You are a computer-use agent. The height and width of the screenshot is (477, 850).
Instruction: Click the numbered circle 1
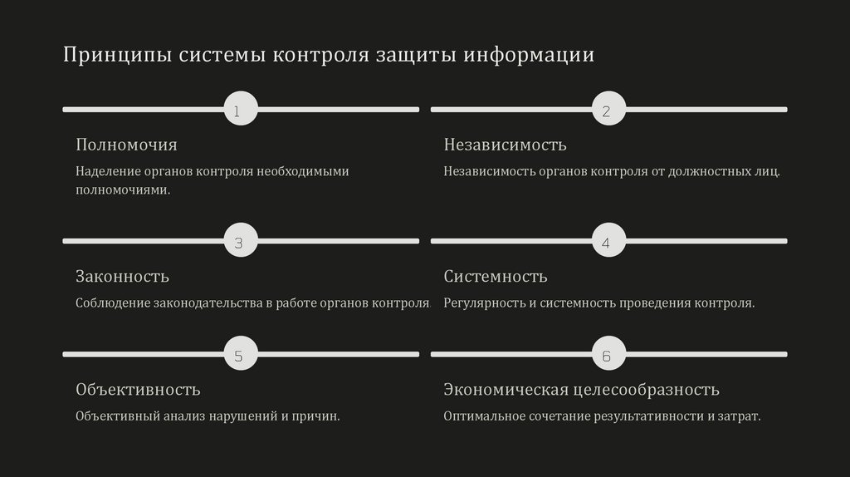241,109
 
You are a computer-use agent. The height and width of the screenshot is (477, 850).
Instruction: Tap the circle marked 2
608,109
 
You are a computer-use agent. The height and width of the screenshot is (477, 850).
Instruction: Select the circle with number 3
241,241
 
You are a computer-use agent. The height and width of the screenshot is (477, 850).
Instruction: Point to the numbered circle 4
608,241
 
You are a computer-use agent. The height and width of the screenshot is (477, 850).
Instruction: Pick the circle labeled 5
241,355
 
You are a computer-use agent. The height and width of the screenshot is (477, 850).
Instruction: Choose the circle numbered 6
608,355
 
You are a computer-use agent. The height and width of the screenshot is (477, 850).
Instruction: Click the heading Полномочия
126,145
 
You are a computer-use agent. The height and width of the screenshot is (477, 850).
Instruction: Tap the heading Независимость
505,145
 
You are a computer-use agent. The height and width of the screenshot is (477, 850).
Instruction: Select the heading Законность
122,276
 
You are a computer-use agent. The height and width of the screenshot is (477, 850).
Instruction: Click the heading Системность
495,276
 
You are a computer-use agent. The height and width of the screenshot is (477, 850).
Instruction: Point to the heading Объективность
138,389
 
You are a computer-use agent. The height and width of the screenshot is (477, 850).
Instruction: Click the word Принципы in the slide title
117,56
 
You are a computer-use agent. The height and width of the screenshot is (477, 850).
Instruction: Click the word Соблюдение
113,303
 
